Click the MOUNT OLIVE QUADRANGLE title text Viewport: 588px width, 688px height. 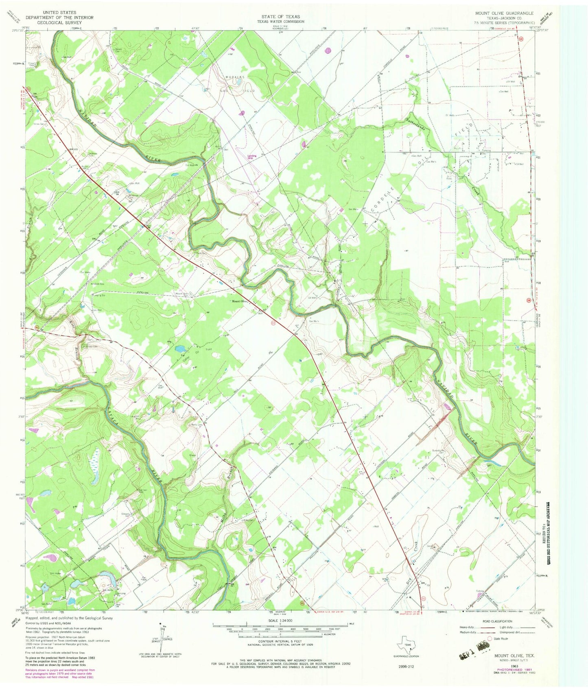tap(504, 13)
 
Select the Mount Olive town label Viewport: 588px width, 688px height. tap(240, 301)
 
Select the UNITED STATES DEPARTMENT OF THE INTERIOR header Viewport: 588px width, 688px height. tap(59, 17)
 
